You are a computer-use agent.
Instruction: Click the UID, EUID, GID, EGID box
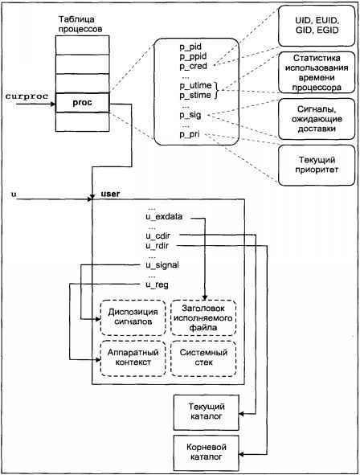(313, 24)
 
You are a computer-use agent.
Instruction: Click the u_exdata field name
(163, 217)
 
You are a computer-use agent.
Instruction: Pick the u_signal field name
(162, 264)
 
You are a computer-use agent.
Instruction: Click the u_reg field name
(157, 284)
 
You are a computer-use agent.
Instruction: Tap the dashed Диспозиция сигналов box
(129, 316)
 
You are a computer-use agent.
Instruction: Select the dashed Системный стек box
(203, 357)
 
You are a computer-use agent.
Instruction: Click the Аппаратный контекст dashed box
(129, 357)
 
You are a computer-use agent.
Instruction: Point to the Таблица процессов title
(80, 23)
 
